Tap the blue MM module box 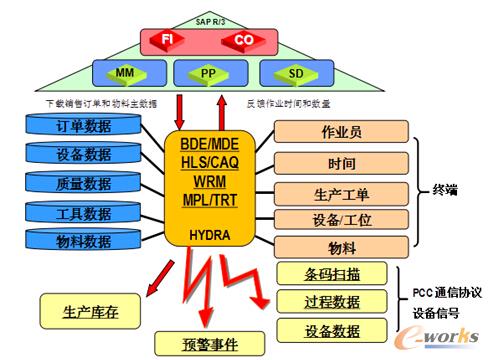coord(123,72)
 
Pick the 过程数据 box coord(336,301)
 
